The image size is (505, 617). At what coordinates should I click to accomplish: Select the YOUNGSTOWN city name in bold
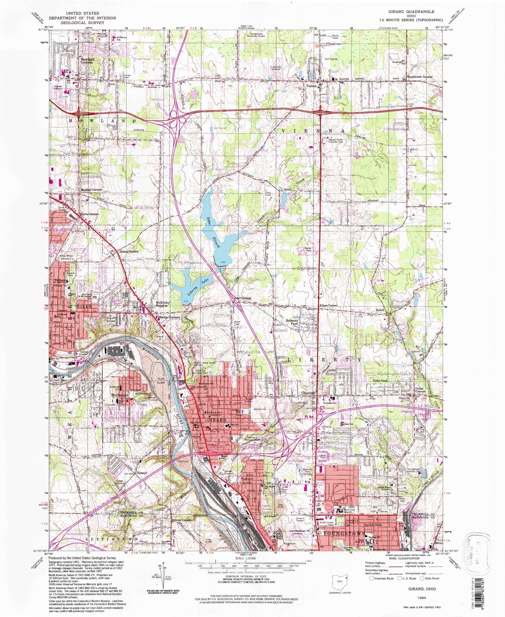(344, 534)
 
